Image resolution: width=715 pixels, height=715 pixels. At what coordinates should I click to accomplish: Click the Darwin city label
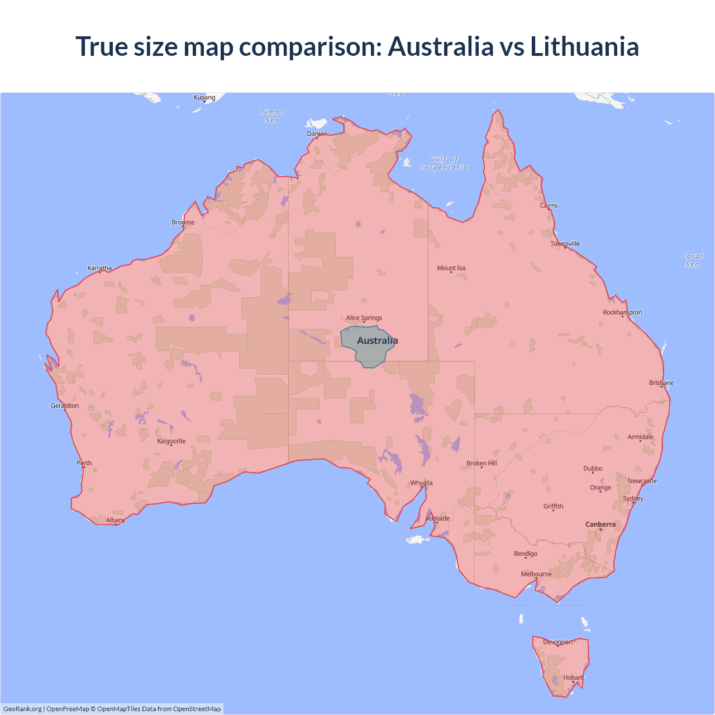tap(317, 134)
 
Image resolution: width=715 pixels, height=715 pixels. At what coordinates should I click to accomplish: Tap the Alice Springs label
tap(364, 318)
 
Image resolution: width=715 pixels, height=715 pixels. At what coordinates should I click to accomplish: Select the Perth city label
tap(84, 463)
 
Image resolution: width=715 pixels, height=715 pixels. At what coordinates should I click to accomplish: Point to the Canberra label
tap(600, 525)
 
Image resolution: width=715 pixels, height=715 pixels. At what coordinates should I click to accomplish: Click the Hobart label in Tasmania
tap(573, 678)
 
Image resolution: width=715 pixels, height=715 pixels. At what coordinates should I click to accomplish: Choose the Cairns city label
tap(549, 206)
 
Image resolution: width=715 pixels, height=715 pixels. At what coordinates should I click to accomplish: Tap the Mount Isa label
tap(451, 268)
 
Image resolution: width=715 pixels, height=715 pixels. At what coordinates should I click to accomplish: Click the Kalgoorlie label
tap(171, 441)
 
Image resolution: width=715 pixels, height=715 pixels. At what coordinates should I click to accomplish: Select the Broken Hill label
tap(482, 464)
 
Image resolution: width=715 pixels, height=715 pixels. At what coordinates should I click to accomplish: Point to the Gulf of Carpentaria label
tap(444, 163)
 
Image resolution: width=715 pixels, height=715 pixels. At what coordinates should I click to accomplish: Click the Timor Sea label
tap(273, 116)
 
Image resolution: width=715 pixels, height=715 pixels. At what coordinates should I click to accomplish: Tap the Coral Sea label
tap(692, 260)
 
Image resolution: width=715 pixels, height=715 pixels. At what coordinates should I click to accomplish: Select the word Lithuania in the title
tap(584, 46)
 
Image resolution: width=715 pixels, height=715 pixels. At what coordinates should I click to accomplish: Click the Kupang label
tap(204, 97)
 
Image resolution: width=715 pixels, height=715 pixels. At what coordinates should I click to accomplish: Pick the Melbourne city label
tap(536, 574)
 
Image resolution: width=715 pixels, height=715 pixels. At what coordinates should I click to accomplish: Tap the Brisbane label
tap(661, 383)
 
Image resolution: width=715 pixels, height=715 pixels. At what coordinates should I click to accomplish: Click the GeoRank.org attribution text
tap(22, 709)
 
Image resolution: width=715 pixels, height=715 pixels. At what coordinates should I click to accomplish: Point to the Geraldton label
tap(65, 406)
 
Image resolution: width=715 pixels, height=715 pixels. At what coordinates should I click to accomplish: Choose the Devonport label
tap(558, 642)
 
